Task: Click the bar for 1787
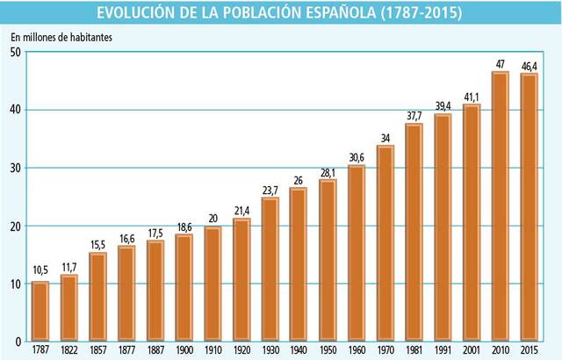point(40,312)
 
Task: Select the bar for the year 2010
point(501,207)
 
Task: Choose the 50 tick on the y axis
point(15,53)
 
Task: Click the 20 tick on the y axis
point(15,226)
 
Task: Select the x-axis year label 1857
point(97,350)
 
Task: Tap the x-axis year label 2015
point(529,350)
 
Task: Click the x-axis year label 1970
point(385,350)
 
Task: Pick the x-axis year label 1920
point(241,350)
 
